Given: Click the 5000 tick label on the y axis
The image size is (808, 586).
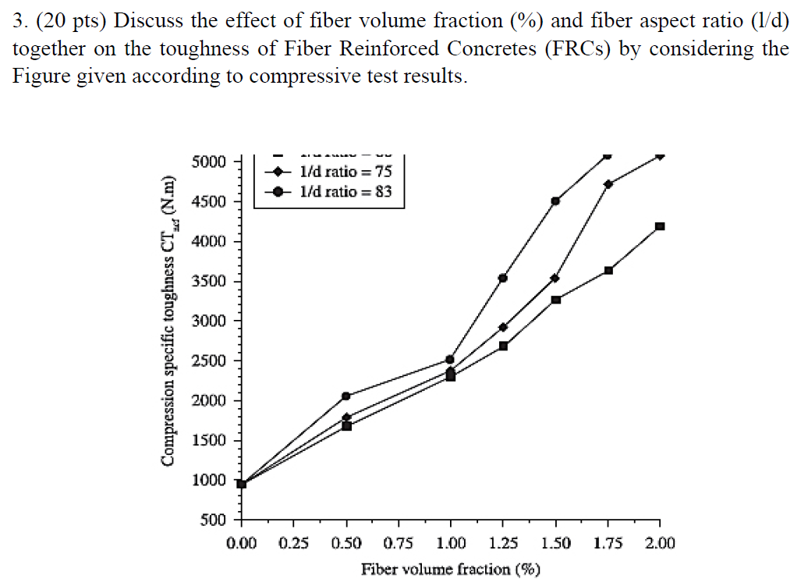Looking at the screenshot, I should [x=209, y=162].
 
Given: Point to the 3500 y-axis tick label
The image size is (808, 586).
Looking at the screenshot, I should [x=209, y=282].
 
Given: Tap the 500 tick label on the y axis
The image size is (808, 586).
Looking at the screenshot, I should [x=214, y=520].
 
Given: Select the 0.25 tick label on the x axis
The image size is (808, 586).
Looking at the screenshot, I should [x=293, y=543].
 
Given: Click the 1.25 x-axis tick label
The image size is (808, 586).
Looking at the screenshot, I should [x=503, y=543].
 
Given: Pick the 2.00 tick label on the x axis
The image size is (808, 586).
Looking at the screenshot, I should [x=660, y=543].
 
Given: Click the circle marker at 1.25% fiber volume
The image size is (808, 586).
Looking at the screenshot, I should [x=503, y=278].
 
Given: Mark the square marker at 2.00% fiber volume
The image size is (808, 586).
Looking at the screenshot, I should [x=660, y=226].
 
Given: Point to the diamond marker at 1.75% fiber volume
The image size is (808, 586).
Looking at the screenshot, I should [x=608, y=184].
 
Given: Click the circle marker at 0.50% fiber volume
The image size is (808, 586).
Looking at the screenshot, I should [x=346, y=396].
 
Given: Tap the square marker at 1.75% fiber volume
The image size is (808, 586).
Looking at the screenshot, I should [x=608, y=271].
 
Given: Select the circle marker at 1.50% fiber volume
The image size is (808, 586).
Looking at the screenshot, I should [x=555, y=201].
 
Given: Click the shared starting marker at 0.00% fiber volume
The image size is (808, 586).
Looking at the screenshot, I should [x=242, y=484].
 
